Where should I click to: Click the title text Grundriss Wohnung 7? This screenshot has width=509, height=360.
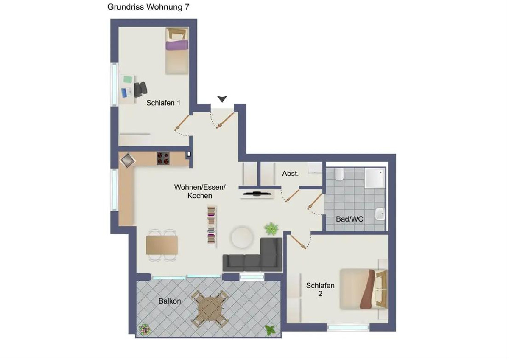point(148,7)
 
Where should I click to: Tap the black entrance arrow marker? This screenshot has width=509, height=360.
point(222,98)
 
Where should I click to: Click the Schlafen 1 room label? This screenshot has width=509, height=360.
point(163,103)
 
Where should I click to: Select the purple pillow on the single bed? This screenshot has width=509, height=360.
point(177,45)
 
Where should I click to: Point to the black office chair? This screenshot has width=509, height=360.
point(141,90)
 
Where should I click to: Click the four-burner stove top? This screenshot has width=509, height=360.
point(163,158)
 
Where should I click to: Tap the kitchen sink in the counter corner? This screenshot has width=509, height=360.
point(128,160)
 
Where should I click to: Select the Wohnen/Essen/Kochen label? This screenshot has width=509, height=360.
point(200,191)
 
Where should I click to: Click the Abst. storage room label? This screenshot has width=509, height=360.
point(290,174)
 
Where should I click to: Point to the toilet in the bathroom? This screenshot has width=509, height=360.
point(339,174)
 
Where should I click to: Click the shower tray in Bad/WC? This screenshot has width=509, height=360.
point(375,178)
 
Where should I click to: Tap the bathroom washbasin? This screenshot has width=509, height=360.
point(380,214)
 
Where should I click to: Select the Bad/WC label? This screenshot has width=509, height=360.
point(350,219)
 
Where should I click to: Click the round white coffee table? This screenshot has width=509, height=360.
point(242,237)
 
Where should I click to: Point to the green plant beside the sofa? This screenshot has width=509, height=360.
point(271,228)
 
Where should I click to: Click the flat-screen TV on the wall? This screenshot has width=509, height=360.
point(257,194)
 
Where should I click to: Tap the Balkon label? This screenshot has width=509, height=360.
point(170,301)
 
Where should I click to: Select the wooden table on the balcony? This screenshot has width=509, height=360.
point(209,308)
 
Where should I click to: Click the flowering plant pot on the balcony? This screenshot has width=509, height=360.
point(145,329)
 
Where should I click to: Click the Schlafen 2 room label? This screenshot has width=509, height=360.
point(320,290)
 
